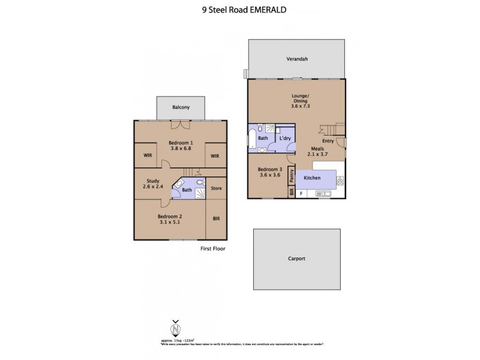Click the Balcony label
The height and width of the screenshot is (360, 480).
pyautogui.click(x=181, y=107)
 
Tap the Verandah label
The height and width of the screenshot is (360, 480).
pyautogui.click(x=297, y=59)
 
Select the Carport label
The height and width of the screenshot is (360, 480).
pyautogui.click(x=297, y=259)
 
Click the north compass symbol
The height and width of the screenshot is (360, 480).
pyautogui.click(x=175, y=328)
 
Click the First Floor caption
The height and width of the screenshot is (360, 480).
pyautogui.click(x=213, y=248)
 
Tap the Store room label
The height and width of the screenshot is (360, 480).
pyautogui.click(x=216, y=188)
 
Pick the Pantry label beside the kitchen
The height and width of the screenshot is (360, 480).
pyautogui.click(x=291, y=176)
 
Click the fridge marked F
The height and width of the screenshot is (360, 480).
pyautogui.click(x=301, y=193)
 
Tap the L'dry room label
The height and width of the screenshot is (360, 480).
pyautogui.click(x=285, y=138)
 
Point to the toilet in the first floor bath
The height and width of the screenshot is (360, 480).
pyautogui.click(x=200, y=182)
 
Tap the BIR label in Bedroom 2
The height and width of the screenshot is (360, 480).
pyautogui.click(x=216, y=219)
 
